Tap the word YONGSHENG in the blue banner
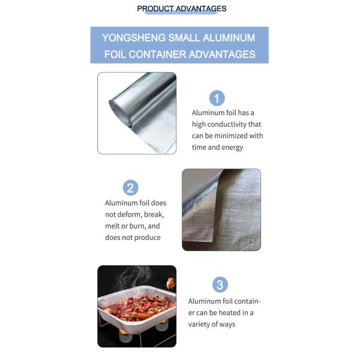[134, 38]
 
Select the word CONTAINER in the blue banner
[157, 55]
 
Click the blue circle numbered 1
[217, 98]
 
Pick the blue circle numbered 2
[131, 188]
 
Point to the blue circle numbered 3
[220, 284]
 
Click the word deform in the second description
[128, 214]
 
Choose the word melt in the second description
[112, 226]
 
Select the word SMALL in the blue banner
[184, 38]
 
